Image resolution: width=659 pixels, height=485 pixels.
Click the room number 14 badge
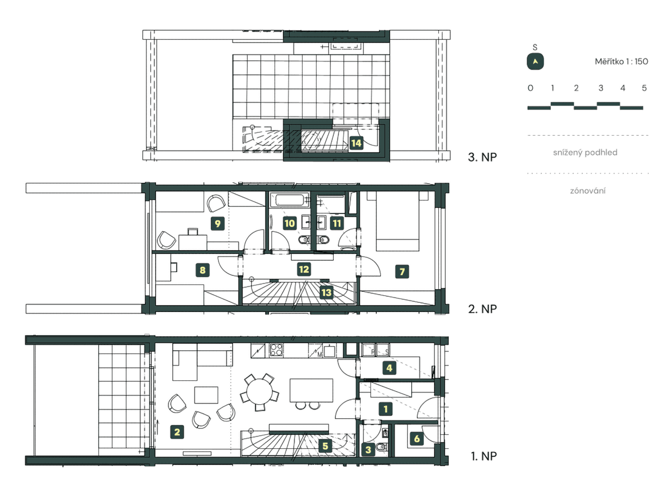tap(356, 143)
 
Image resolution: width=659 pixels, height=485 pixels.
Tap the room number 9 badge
tap(218, 223)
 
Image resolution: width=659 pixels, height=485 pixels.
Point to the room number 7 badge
tap(402, 272)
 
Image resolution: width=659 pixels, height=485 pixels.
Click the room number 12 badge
tap(304, 269)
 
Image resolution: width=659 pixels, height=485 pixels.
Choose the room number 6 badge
tap(416, 439)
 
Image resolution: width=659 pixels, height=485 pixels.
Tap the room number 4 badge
tap(389, 368)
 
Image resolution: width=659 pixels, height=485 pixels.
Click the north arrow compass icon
tap(535, 62)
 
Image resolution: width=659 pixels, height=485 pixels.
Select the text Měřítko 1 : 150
tap(621, 61)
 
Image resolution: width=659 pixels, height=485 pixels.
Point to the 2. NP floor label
tap(481, 309)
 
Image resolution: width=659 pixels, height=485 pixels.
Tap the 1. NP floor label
tap(482, 456)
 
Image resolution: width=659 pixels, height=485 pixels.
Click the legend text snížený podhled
tap(585, 153)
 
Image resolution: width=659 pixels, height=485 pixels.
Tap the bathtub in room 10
tap(289, 200)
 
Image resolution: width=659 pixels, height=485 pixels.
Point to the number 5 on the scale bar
tap(644, 88)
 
